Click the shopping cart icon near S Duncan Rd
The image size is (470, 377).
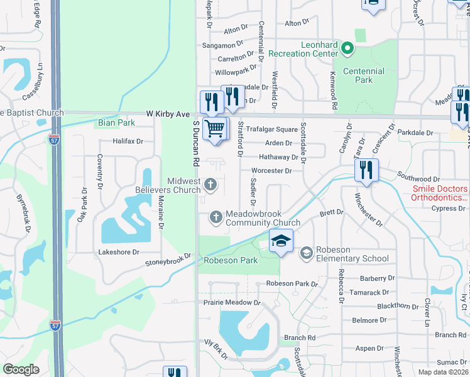(x=215, y=129)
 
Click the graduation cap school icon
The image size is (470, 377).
(x=281, y=240)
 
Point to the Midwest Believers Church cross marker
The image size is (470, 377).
(x=210, y=185)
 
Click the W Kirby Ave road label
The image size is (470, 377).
(x=168, y=114)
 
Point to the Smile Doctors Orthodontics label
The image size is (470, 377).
(x=440, y=193)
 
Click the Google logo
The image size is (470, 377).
(x=21, y=369)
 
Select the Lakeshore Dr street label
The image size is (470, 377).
(x=117, y=252)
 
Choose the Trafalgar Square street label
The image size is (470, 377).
(x=271, y=129)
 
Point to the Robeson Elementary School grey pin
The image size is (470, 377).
(x=307, y=253)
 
